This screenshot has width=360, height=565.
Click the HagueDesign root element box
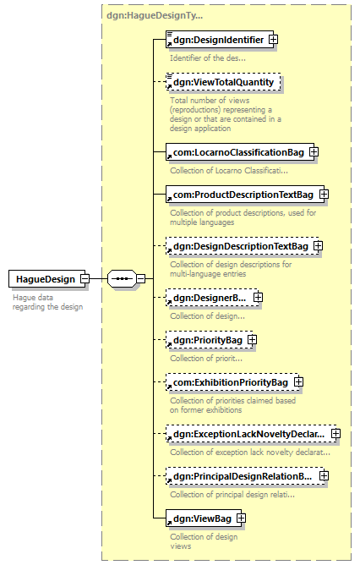pyautogui.click(x=46, y=279)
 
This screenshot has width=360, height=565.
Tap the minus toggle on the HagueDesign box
pyautogui.click(x=85, y=278)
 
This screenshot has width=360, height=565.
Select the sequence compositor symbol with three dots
pyautogui.click(x=122, y=278)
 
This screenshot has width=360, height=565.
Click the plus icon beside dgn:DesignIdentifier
pyautogui.click(x=273, y=39)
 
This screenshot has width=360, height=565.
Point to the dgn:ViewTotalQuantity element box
pyautogui.click(x=223, y=82)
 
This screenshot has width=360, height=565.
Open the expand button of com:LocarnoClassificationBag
pyautogui.click(x=314, y=152)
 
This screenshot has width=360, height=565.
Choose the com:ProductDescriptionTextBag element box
pyautogui.click(x=243, y=195)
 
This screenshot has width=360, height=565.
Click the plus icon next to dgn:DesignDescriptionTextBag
pyautogui.click(x=318, y=246)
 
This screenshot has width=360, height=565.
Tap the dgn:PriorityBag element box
pyautogui.click(x=208, y=340)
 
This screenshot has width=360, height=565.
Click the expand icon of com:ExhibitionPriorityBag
pyautogui.click(x=298, y=382)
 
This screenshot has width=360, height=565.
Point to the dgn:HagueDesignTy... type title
pyautogui.click(x=155, y=15)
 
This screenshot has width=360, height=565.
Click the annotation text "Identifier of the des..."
pyautogui.click(x=208, y=58)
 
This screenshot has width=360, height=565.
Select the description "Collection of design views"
pyautogui.click(x=204, y=541)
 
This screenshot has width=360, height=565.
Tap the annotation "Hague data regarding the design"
pyautogui.click(x=47, y=302)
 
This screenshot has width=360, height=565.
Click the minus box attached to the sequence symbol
pyautogui.click(x=141, y=278)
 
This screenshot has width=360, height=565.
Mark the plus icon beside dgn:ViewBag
pyautogui.click(x=241, y=518)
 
